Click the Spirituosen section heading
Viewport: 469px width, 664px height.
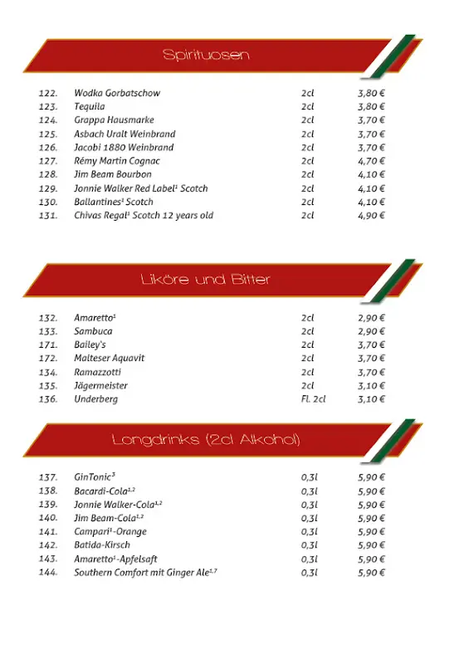[206, 56]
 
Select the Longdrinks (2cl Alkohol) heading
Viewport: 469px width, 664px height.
[206, 439]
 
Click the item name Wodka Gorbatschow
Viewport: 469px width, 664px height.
[117, 93]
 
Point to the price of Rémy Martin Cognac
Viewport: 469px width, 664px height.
[371, 161]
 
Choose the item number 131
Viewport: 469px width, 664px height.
[48, 216]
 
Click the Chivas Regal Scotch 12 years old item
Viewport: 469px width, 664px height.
[144, 216]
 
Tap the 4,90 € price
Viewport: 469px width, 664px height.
[371, 216]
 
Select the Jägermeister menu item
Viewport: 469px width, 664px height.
[100, 386]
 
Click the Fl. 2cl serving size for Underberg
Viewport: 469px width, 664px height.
[313, 399]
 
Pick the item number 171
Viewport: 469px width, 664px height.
[48, 344]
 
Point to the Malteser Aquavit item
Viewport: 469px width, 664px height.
[109, 359]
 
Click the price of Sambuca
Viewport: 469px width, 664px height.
[371, 331]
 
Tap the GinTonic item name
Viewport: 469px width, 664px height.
[94, 477]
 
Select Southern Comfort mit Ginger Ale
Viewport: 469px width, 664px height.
[145, 573]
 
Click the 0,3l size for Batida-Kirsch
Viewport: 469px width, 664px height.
[310, 545]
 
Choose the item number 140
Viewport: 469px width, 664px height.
[48, 518]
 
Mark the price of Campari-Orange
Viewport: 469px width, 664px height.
[371, 532]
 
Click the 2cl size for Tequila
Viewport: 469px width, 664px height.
[308, 107]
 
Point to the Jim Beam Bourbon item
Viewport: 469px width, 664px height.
[113, 175]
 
